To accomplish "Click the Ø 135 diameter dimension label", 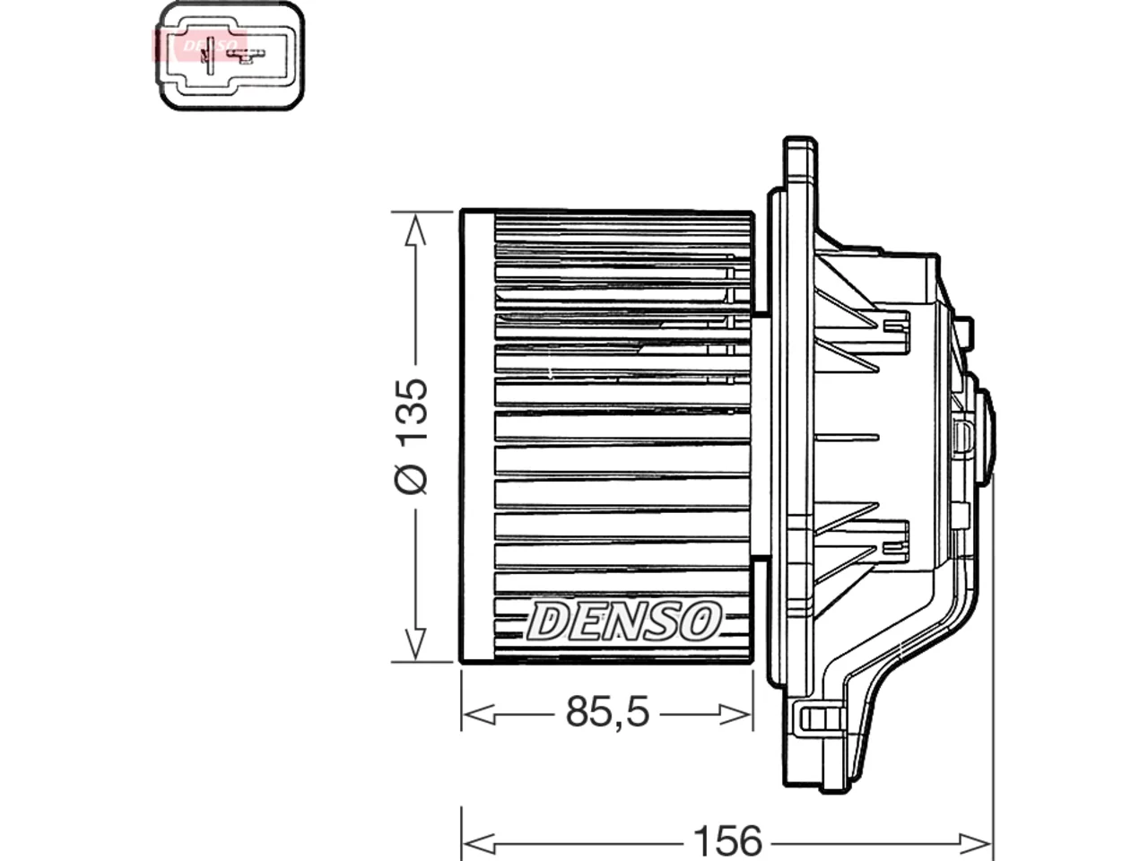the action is (412, 436).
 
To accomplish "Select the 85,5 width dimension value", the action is (607, 712).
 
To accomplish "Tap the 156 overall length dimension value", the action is (727, 841).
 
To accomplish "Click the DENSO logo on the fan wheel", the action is (624, 621).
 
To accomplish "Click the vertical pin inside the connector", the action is (209, 56).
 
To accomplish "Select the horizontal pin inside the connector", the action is (248, 54).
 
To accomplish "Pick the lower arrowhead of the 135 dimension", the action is (415, 643).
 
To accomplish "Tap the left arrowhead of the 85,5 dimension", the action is (479, 714).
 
